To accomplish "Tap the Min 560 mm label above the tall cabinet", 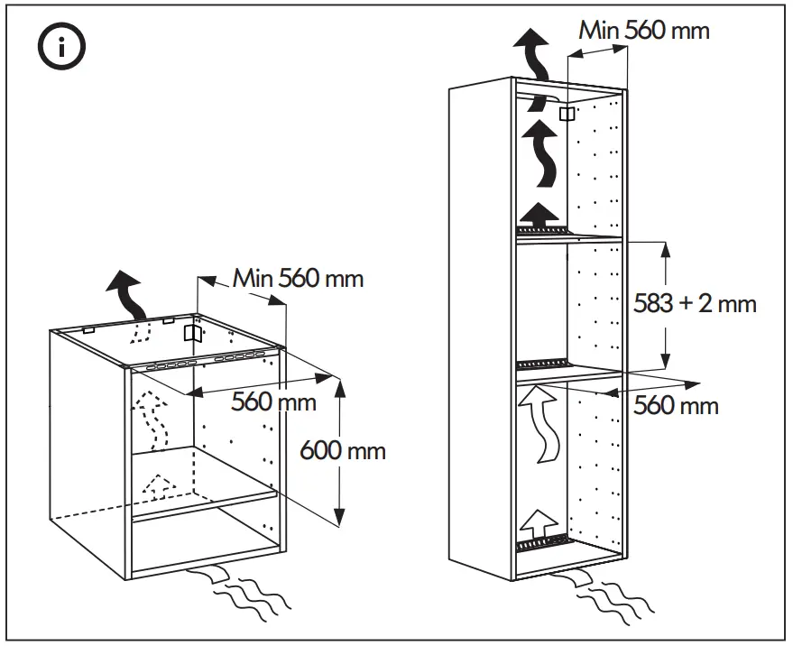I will coord(644,30).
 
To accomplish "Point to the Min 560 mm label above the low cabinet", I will coord(299,278).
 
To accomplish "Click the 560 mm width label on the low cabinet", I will coord(274,401).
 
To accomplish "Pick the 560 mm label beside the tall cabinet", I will coord(676,405).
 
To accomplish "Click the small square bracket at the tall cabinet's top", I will coord(567,114).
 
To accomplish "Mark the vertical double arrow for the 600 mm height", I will coord(340,451).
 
